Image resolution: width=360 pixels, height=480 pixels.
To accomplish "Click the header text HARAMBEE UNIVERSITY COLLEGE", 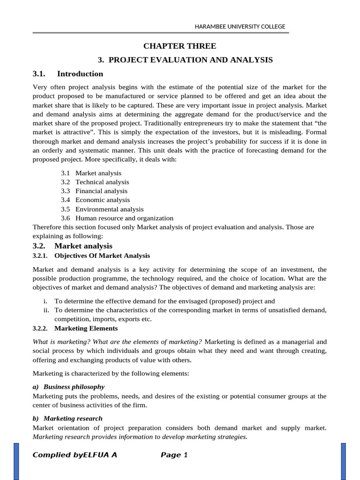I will (240, 27).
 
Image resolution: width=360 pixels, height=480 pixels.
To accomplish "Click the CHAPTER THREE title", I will (180, 46).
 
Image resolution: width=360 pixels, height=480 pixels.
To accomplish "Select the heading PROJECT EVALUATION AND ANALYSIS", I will (185, 60).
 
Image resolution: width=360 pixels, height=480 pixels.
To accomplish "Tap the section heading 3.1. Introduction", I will (68, 74).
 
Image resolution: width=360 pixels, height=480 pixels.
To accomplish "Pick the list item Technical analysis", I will (102, 182).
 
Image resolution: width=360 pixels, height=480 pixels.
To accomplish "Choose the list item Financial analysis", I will (101, 191).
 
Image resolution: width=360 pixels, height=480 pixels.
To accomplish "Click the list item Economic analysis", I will (103, 200).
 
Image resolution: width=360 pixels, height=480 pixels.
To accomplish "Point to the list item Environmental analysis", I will (109, 209).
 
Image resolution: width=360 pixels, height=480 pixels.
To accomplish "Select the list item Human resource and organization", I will (124, 218).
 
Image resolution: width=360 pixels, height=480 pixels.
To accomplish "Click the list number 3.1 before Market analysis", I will (65, 173).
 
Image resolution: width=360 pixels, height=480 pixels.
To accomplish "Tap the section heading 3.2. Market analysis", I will (73, 246).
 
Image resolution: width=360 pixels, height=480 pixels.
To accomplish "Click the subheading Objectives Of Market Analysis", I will (102, 255).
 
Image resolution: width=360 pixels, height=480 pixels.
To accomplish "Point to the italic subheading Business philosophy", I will (74, 387).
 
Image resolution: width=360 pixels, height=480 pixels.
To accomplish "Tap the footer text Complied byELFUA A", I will (75, 455).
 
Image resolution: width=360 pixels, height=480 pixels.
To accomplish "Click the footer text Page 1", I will (174, 455).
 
